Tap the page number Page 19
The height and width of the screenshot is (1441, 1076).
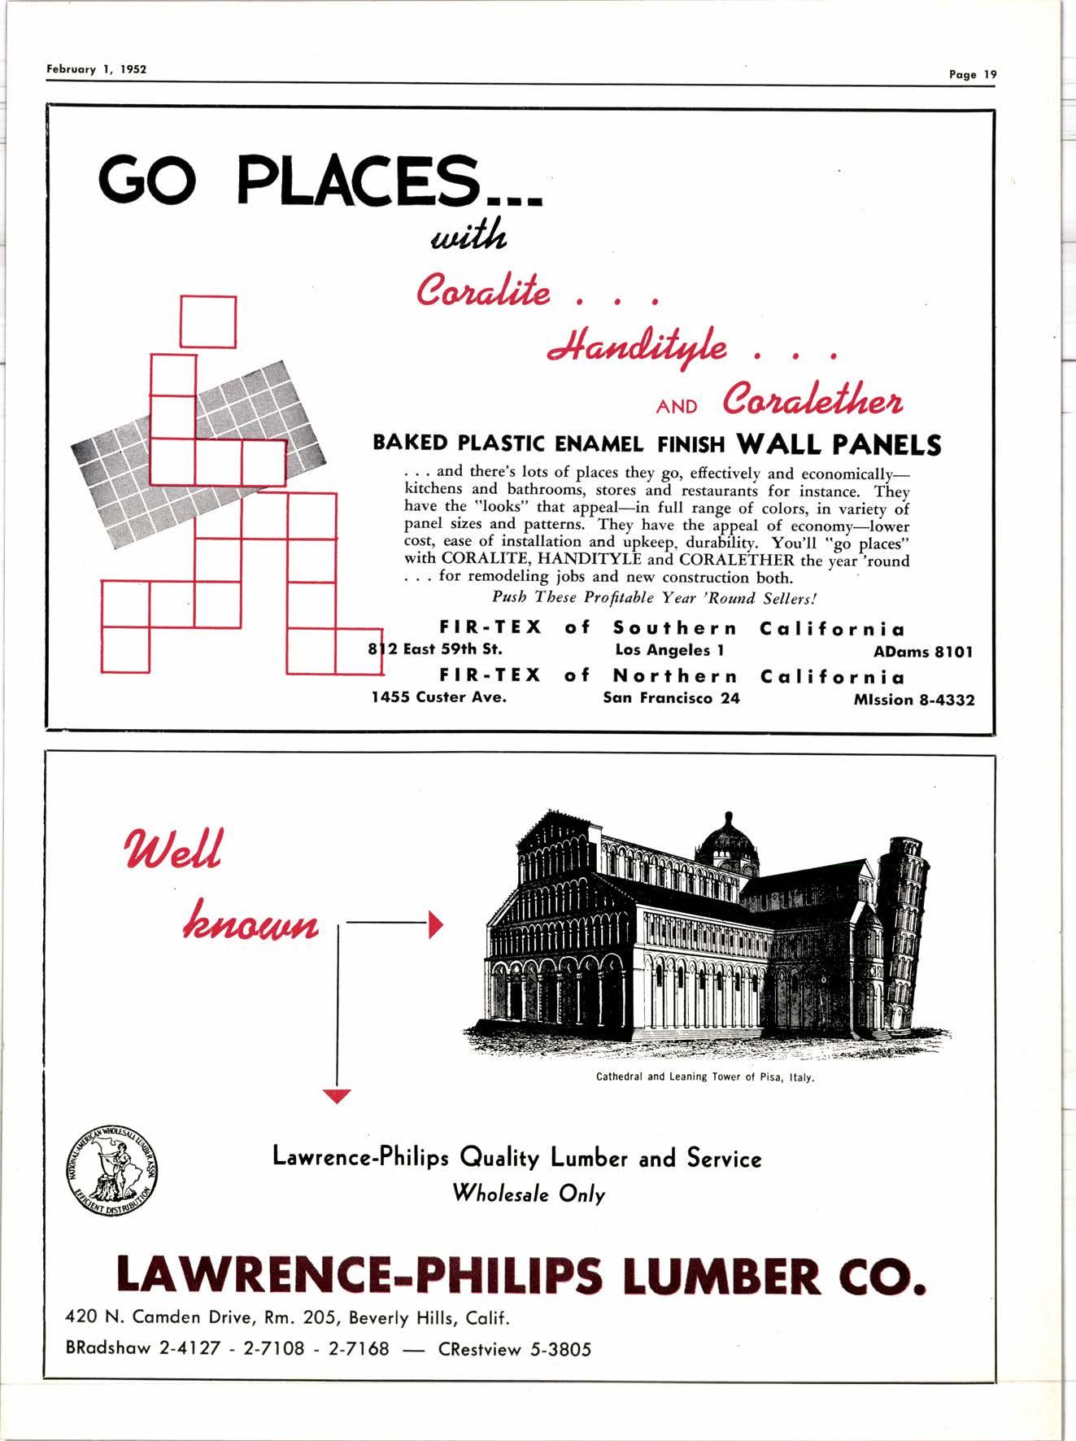pyautogui.click(x=972, y=74)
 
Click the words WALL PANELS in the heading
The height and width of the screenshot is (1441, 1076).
pyautogui.click(x=839, y=445)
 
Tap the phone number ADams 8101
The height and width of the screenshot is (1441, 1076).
pyautogui.click(x=923, y=652)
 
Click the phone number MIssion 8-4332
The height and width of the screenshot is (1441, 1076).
pyautogui.click(x=914, y=700)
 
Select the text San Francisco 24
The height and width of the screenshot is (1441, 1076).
pyautogui.click(x=671, y=698)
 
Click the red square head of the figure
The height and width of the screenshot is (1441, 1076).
pyautogui.click(x=207, y=321)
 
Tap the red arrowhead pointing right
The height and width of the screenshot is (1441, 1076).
pyautogui.click(x=435, y=924)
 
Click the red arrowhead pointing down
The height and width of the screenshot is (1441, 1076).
pyautogui.click(x=336, y=1096)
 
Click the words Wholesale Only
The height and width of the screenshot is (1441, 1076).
pyautogui.click(x=529, y=1194)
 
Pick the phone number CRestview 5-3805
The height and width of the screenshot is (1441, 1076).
pyautogui.click(x=515, y=1349)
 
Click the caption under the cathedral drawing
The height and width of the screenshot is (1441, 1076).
pyautogui.click(x=705, y=1078)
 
